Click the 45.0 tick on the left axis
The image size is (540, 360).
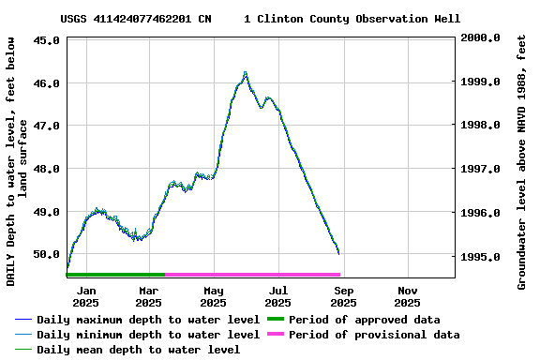point(47,40)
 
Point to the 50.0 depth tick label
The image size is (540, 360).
point(47,254)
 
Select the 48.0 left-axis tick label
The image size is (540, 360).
point(47,169)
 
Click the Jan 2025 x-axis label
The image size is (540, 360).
point(85,296)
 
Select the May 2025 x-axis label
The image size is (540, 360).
point(214,296)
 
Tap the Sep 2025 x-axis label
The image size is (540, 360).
point(343,296)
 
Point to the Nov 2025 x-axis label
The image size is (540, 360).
point(407,296)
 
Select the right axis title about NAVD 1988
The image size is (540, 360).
point(521,161)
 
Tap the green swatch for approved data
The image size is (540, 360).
point(275,320)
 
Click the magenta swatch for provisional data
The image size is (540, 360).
point(275,335)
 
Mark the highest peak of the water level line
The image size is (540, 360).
point(245,72)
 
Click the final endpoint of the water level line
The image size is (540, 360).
point(338,253)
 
